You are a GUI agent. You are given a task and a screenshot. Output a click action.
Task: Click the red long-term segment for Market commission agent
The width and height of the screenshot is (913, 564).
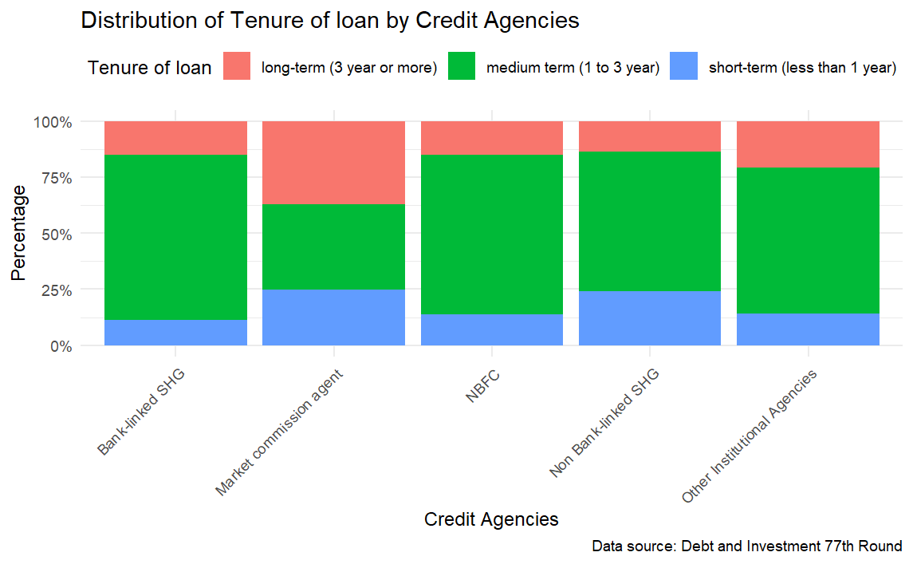click(x=333, y=163)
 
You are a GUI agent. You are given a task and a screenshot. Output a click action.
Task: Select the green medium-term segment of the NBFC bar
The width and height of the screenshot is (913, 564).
click(x=491, y=234)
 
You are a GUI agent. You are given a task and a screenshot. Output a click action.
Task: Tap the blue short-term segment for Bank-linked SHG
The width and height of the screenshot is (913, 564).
click(x=175, y=333)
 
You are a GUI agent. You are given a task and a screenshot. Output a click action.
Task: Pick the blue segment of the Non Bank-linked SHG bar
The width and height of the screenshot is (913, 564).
click(x=649, y=318)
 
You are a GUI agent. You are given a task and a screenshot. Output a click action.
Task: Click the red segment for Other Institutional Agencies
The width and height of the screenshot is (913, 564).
click(x=808, y=144)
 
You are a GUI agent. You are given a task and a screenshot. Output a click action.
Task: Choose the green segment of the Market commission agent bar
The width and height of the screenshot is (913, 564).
click(x=333, y=247)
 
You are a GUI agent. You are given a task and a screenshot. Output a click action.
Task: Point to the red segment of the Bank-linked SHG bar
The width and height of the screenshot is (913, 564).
click(x=175, y=138)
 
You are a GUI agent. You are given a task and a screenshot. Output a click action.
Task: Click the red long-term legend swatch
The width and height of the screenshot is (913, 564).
click(x=237, y=67)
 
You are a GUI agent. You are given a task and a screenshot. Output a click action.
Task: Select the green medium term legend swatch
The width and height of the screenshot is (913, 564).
click(x=462, y=67)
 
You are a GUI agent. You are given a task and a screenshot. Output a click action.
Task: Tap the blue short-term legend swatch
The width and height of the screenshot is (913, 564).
click(x=684, y=67)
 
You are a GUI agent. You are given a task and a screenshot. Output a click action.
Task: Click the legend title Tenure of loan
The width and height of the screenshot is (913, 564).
click(x=149, y=68)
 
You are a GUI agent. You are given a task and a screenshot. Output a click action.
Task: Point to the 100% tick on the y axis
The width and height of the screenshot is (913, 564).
click(x=53, y=122)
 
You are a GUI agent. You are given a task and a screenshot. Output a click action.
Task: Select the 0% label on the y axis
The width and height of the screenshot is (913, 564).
click(x=60, y=346)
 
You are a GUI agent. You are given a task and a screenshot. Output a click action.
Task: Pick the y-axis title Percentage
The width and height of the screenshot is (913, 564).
click(x=19, y=233)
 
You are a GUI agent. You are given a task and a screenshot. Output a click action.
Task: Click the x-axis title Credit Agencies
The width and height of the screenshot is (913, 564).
click(x=491, y=519)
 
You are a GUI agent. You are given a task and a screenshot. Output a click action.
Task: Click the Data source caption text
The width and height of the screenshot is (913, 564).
click(x=746, y=546)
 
